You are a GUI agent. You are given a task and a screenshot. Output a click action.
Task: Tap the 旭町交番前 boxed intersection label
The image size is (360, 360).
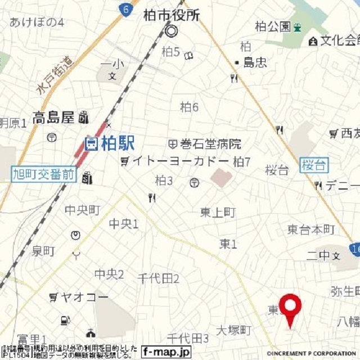43,174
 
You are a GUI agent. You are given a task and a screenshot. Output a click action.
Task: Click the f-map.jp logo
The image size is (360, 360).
166,352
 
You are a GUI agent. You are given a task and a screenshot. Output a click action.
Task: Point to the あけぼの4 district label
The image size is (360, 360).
37,22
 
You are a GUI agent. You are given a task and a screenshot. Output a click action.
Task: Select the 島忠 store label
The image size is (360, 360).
254,62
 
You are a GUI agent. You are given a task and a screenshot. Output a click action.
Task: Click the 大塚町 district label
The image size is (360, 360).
233,330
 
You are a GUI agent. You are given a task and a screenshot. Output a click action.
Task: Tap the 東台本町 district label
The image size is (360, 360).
311,229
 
